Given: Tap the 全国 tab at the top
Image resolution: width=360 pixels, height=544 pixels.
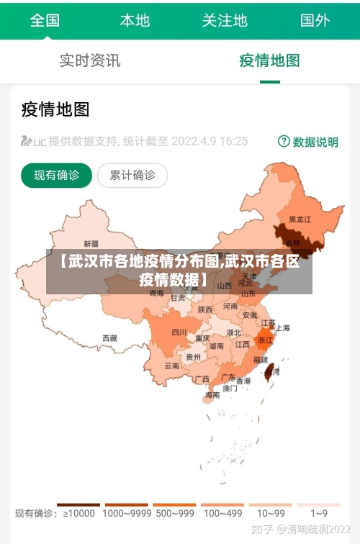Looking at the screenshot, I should click(x=45, y=20).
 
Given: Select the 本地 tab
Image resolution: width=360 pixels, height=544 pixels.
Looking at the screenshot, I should click(x=135, y=20).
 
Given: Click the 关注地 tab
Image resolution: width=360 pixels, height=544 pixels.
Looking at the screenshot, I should click(x=225, y=20).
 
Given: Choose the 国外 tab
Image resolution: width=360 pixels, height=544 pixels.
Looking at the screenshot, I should click(x=315, y=20).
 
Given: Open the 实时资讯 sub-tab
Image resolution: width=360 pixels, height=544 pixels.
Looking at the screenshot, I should click(x=90, y=60).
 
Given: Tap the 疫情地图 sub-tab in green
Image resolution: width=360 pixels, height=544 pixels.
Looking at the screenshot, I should click(x=269, y=60).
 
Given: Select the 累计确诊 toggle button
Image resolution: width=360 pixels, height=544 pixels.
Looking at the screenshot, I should click(x=132, y=175).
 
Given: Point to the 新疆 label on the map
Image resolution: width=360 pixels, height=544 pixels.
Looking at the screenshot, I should click(x=91, y=243).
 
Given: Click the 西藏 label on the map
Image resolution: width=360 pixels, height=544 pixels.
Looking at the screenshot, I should click(x=109, y=337).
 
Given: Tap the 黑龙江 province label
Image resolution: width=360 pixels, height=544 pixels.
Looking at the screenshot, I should click(x=300, y=219).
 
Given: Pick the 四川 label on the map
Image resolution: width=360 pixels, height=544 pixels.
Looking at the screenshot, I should click(x=179, y=332).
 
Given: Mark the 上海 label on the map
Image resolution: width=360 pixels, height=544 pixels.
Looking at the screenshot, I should click(x=283, y=327).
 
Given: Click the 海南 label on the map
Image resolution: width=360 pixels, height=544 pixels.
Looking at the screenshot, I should click(x=212, y=394).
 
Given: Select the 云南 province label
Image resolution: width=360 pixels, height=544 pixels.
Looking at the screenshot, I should click(x=171, y=366).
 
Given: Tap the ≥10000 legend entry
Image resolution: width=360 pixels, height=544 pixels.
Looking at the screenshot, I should click(x=79, y=513).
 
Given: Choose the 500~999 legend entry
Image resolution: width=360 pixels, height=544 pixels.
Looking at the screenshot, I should click(x=174, y=513).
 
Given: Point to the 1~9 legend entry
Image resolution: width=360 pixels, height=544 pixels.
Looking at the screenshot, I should click(x=319, y=513).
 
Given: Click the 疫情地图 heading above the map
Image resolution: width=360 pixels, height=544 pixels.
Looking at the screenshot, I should click(x=55, y=109).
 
